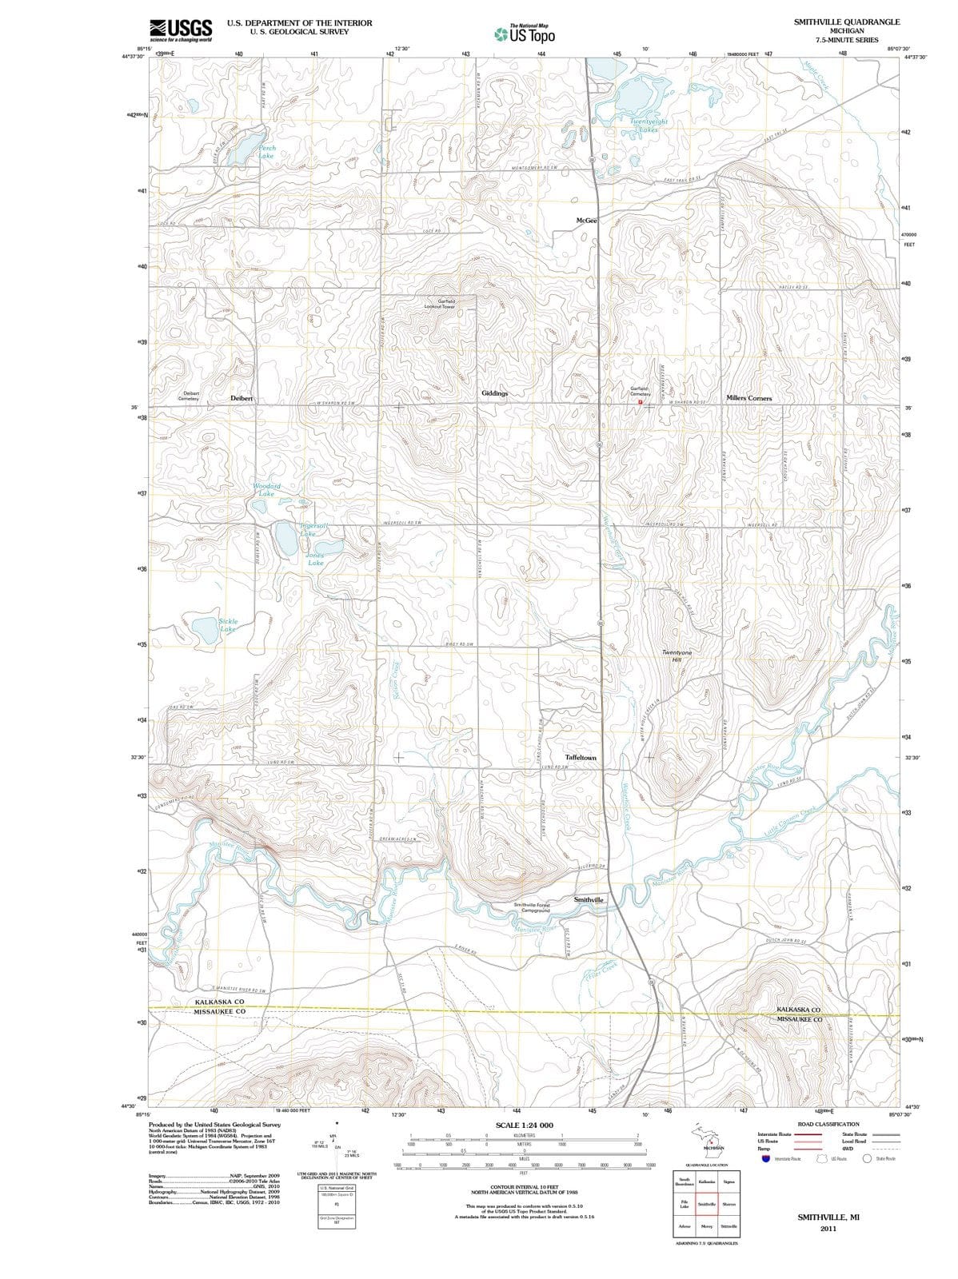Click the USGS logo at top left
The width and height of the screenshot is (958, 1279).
click(181, 30)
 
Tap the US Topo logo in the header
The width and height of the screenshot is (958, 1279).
click(525, 34)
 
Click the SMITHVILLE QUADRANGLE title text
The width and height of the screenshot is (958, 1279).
click(846, 22)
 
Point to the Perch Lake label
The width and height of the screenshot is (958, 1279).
click(266, 152)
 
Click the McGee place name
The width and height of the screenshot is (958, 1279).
click(586, 220)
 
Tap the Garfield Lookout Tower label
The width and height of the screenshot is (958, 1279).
click(439, 304)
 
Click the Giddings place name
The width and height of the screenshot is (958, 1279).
click(495, 393)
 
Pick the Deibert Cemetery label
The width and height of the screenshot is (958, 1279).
click(191, 396)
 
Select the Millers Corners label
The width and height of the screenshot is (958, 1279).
click(748, 397)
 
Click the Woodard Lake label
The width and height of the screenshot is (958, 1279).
click(266, 489)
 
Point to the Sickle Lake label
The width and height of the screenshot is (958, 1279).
click(228, 624)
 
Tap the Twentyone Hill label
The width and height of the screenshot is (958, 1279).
click(682, 655)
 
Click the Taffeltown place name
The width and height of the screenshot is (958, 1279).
click(581, 756)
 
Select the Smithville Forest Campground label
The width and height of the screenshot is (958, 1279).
click(531, 907)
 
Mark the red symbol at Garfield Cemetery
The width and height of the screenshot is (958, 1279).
click(640, 402)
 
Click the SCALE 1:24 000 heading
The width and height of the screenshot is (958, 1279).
click(524, 1125)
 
